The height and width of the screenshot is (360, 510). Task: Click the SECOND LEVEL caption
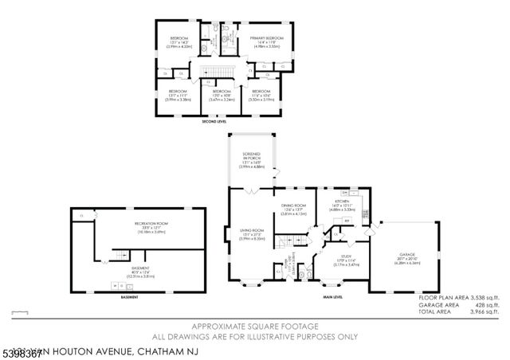[214, 121]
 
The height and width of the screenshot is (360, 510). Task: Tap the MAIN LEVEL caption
[331, 299]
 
